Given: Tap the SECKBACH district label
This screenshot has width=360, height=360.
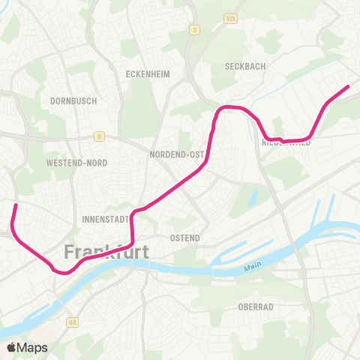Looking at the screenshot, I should (x=245, y=66).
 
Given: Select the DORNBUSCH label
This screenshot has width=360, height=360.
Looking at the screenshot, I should (x=70, y=100).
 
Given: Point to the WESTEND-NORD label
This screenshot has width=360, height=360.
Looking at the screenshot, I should (x=76, y=163).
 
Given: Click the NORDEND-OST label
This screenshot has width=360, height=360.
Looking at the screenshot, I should (x=177, y=154).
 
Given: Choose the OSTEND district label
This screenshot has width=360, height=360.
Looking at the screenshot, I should (x=185, y=238).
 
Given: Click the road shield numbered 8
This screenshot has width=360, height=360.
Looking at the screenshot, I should (x=98, y=136).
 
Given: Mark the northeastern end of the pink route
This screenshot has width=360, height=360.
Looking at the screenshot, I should (x=348, y=88).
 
